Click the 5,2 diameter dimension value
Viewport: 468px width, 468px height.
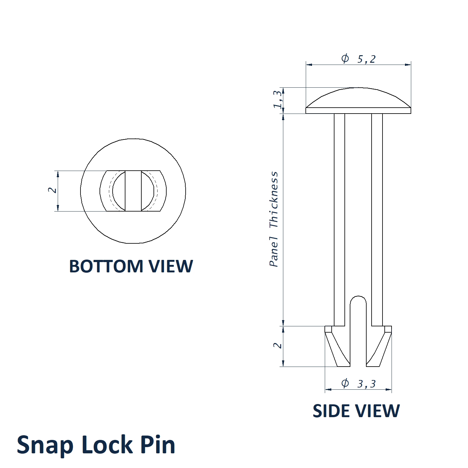point(366,59)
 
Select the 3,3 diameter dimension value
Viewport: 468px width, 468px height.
point(366,384)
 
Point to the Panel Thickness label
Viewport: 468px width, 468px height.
point(274,219)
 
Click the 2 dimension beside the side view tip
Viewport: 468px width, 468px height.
point(277,345)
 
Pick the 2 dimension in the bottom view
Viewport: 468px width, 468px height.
point(52,190)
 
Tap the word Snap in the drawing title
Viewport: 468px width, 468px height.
point(45,445)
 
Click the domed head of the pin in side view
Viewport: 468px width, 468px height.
point(358,98)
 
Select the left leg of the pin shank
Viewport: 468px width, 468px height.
point(339,218)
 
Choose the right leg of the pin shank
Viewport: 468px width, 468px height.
point(377,218)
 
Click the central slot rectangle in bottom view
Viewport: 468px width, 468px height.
point(133,191)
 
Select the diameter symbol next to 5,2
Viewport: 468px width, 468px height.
point(345,58)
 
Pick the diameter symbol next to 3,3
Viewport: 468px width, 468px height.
point(345,383)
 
